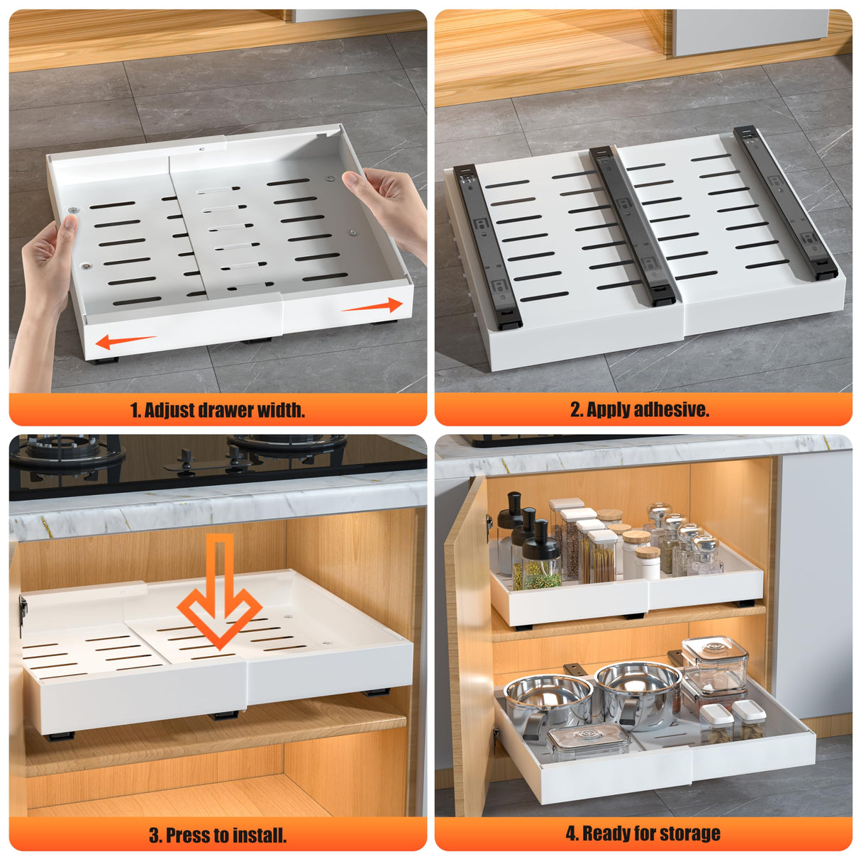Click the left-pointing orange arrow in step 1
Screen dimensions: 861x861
coord(125,341)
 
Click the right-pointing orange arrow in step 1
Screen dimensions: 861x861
coord(372,306)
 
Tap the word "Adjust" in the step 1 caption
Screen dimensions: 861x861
coord(170,410)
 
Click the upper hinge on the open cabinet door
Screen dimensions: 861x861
coord(489,523)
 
